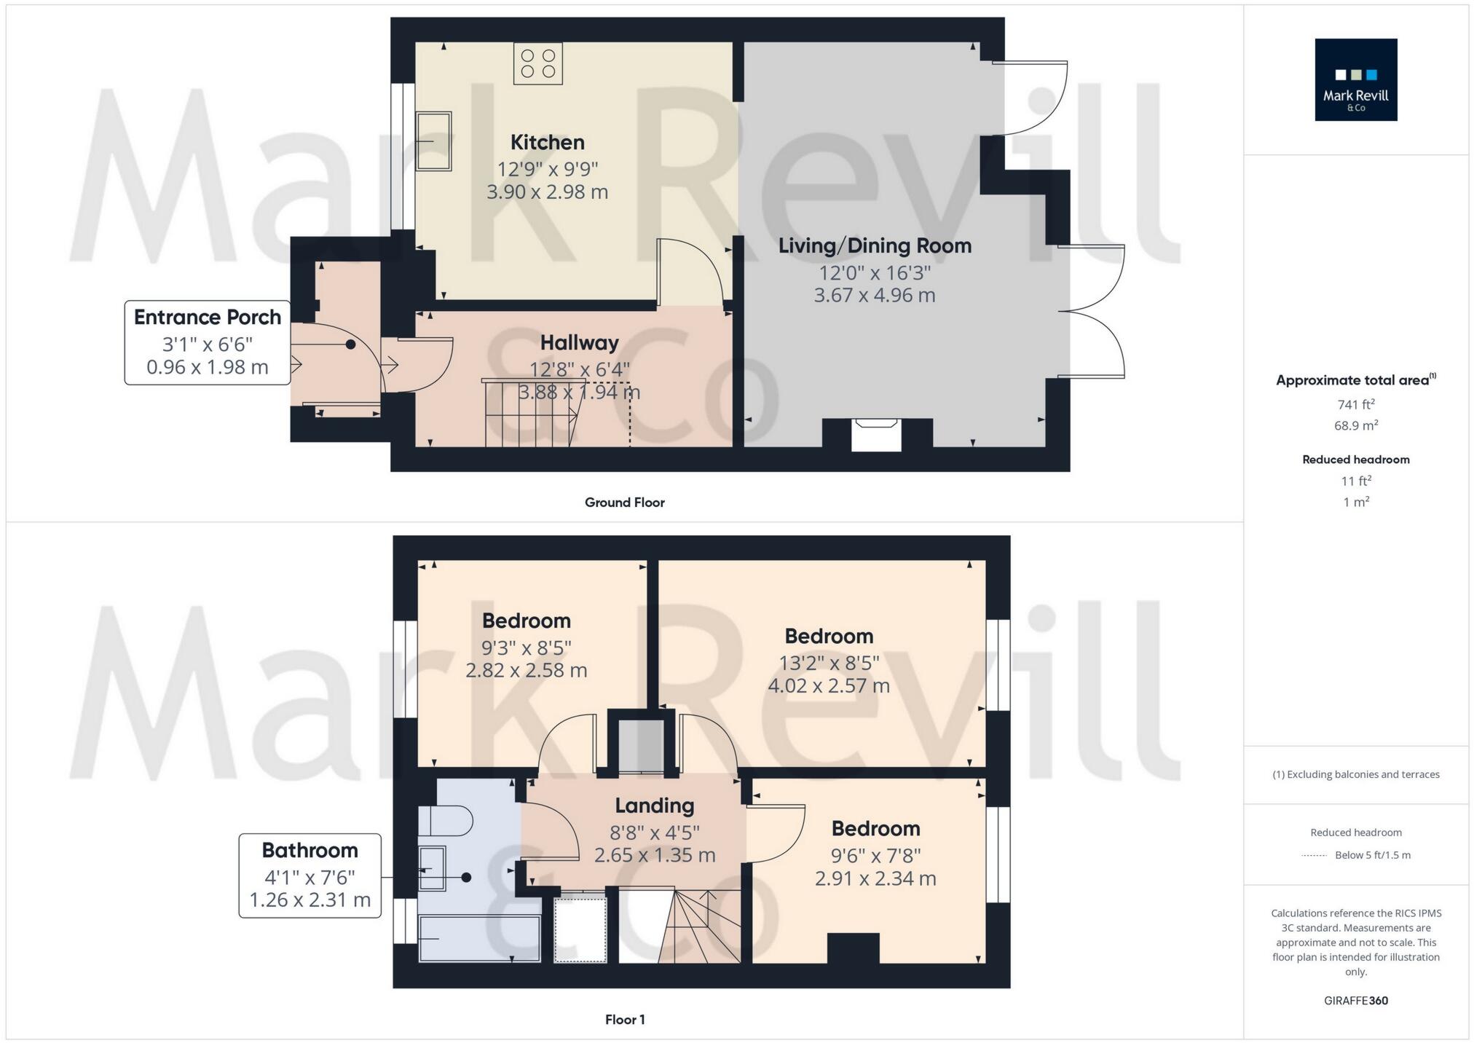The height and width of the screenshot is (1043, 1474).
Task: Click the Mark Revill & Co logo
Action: (1355, 79)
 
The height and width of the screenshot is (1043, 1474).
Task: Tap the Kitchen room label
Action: (547, 143)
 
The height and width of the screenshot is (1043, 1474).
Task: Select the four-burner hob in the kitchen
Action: (537, 63)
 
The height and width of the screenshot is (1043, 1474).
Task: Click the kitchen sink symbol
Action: (433, 141)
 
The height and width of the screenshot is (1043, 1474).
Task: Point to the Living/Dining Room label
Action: (875, 246)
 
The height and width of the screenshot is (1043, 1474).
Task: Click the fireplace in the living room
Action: (876, 435)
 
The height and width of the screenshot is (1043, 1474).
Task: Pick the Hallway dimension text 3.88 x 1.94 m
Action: (579, 393)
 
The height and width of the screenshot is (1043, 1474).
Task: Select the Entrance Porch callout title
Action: (208, 318)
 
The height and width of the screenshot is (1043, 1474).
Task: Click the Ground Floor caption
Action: (624, 503)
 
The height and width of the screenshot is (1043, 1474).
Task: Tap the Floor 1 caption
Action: (624, 1020)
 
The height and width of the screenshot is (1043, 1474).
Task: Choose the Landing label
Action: (654, 806)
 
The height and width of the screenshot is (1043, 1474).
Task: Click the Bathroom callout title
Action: (310, 851)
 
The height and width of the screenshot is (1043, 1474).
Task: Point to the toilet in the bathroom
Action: (446, 821)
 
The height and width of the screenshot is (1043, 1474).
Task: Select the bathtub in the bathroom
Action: (479, 939)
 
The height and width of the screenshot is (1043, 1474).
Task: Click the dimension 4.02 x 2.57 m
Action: (829, 686)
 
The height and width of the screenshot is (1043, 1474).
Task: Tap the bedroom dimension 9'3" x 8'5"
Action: (526, 648)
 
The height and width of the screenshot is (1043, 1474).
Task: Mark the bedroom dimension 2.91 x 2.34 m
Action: (875, 879)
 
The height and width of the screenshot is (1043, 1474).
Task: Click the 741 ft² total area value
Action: (1355, 404)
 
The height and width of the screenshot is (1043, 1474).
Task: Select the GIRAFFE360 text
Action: (1355, 1001)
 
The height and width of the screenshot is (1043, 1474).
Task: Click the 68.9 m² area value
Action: (1355, 425)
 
